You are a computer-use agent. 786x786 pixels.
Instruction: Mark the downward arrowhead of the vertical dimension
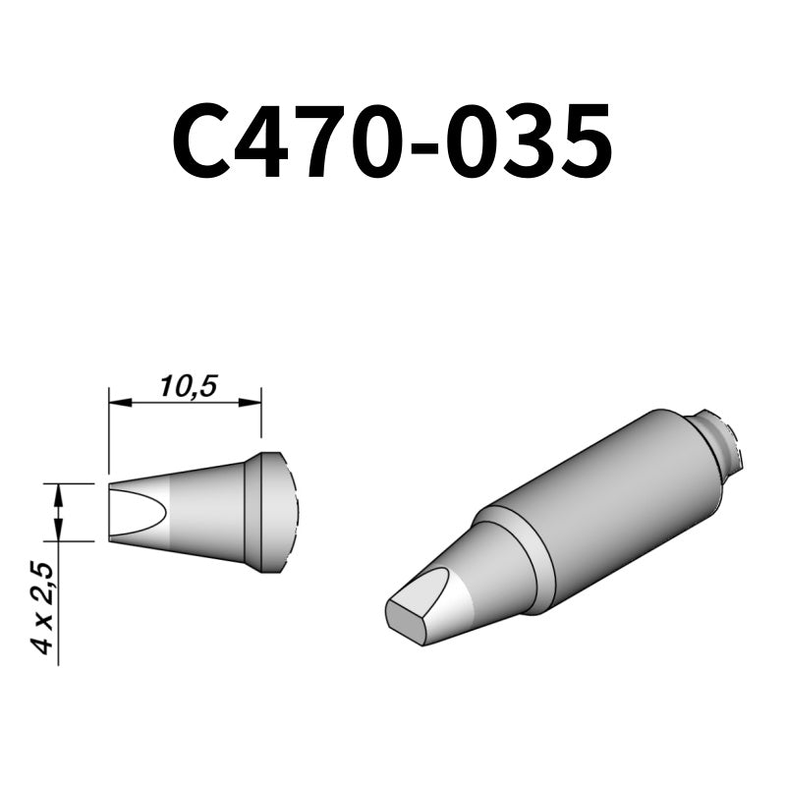click(x=60, y=533)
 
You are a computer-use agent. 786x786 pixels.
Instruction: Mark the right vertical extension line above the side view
click(x=261, y=418)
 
